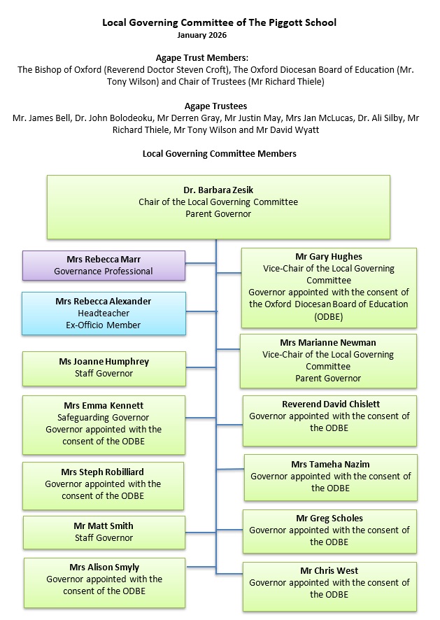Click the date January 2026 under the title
pos(202,34)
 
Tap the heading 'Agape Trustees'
pos(219,106)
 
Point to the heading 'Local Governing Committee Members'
pos(219,153)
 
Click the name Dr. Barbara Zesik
pos(218,190)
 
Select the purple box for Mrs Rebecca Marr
pos(104,265)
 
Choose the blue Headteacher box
pos(104,313)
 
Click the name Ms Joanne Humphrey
pos(104,362)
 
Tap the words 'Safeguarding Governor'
pos(104,418)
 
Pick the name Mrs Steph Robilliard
pos(104,472)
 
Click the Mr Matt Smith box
pos(104,533)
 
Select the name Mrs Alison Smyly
pos(104,568)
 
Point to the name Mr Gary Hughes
pos(329,257)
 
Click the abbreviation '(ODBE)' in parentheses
pos(329,316)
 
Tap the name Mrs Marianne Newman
pos(328,343)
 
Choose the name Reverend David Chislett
pos(329,404)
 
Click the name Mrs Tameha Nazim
pos(330,465)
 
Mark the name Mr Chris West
pos(329,571)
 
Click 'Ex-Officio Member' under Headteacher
pos(104,325)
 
